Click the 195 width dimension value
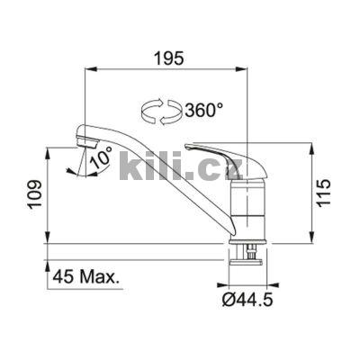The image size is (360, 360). coord(168,58)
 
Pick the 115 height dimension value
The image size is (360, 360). coord(325,192)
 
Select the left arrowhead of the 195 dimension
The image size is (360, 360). coord(88,68)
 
